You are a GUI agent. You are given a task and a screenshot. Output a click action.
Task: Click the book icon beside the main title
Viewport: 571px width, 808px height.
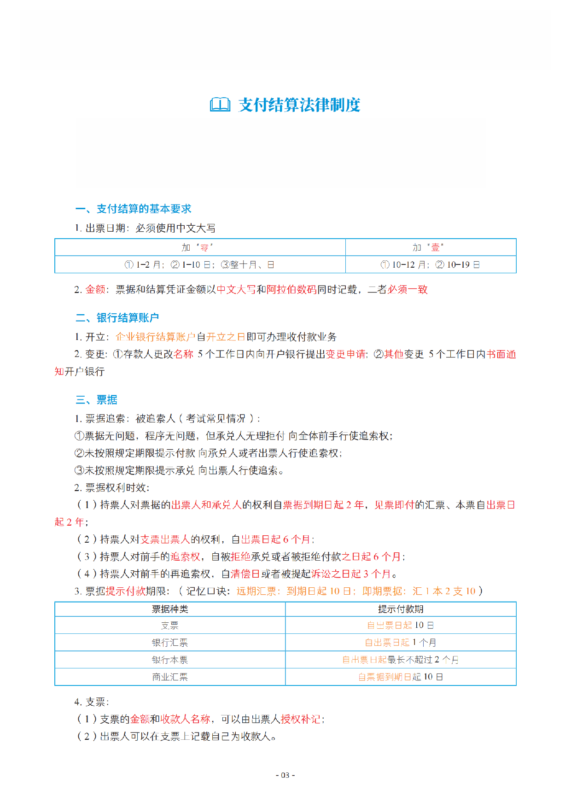(x=220, y=105)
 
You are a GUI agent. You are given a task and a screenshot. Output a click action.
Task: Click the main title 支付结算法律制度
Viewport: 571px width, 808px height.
(x=299, y=105)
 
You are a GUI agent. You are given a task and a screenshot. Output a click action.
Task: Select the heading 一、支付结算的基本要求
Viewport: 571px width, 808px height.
(x=133, y=209)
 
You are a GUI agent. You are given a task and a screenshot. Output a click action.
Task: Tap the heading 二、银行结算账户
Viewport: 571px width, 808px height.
(x=117, y=318)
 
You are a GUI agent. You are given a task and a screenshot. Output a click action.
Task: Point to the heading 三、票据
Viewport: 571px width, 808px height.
(x=96, y=399)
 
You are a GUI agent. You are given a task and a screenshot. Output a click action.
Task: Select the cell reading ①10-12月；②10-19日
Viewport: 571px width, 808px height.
(x=430, y=264)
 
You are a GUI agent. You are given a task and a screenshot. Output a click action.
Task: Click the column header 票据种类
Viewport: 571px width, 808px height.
(x=170, y=609)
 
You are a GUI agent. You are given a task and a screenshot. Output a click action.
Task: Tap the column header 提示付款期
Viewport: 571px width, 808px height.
(x=400, y=609)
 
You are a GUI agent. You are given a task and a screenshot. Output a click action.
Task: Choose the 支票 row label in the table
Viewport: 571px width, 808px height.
(x=170, y=625)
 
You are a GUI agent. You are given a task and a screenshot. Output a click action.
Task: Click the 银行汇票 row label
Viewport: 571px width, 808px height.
(x=170, y=643)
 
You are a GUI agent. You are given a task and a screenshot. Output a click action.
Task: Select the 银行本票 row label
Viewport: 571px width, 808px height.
(x=170, y=660)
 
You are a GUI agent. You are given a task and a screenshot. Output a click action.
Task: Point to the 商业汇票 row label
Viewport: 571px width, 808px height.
(x=170, y=677)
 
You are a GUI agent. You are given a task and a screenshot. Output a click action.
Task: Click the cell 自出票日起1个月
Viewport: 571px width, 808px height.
(x=400, y=643)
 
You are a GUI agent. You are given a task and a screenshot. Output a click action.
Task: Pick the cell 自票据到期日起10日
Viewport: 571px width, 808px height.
(x=400, y=677)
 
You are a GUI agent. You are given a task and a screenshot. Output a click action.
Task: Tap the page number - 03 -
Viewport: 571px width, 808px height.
(x=285, y=775)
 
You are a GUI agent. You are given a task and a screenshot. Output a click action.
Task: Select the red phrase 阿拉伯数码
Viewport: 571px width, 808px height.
(x=291, y=289)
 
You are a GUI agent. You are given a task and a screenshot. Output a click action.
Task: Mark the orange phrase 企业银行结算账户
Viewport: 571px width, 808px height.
(x=156, y=337)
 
